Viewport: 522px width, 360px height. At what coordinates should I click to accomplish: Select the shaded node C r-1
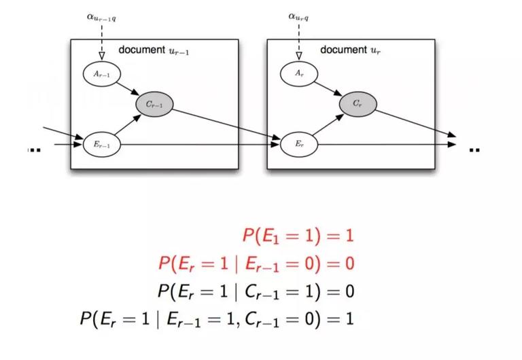tap(154, 104)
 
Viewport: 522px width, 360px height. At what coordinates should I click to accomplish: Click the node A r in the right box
tap(296, 72)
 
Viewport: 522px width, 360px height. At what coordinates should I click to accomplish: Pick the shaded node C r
tap(358, 104)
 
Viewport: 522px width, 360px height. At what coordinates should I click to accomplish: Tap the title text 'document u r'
tap(348, 50)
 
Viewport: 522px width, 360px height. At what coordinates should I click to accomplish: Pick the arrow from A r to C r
tap(328, 88)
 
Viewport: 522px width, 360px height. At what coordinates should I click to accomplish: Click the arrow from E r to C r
tap(328, 126)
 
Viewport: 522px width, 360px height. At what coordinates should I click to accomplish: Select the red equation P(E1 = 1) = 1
tap(298, 236)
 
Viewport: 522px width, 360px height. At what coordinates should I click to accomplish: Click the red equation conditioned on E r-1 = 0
tap(256, 263)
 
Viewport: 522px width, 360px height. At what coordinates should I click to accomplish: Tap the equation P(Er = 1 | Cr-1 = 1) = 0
tap(256, 291)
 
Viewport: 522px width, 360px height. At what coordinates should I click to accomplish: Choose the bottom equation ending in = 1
tap(217, 318)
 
